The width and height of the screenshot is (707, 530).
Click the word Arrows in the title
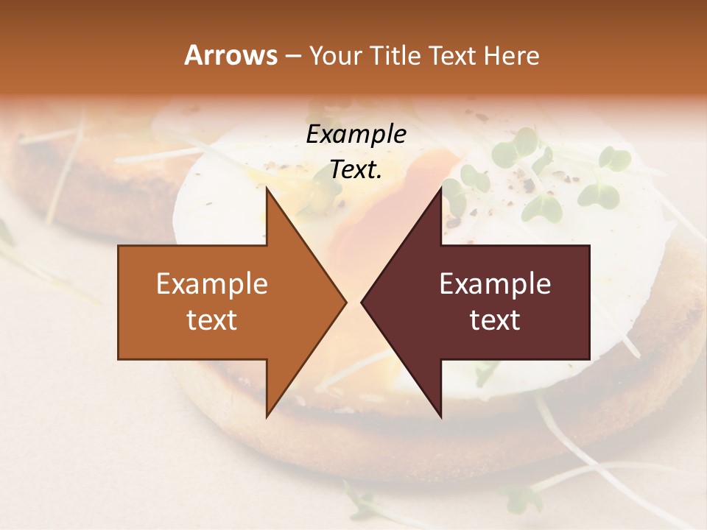[231, 55]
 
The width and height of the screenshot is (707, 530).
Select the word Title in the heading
[396, 55]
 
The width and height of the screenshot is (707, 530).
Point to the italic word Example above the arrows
[356, 135]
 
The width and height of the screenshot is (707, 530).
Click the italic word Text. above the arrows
[356, 169]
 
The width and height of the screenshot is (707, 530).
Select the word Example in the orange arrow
[212, 284]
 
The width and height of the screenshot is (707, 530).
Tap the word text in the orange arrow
[212, 320]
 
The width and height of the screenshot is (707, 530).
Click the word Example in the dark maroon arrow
[495, 284]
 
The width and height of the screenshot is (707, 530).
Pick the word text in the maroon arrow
[495, 320]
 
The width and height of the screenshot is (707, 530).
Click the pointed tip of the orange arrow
[345, 302]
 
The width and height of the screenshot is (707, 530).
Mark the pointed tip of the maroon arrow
[362, 302]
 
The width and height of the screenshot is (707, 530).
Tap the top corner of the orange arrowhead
[267, 188]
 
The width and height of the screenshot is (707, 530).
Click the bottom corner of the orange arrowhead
[267, 417]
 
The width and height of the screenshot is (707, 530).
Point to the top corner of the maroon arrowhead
[440, 188]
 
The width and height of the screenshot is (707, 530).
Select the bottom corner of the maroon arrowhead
[440, 417]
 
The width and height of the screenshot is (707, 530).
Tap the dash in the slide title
[292, 57]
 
